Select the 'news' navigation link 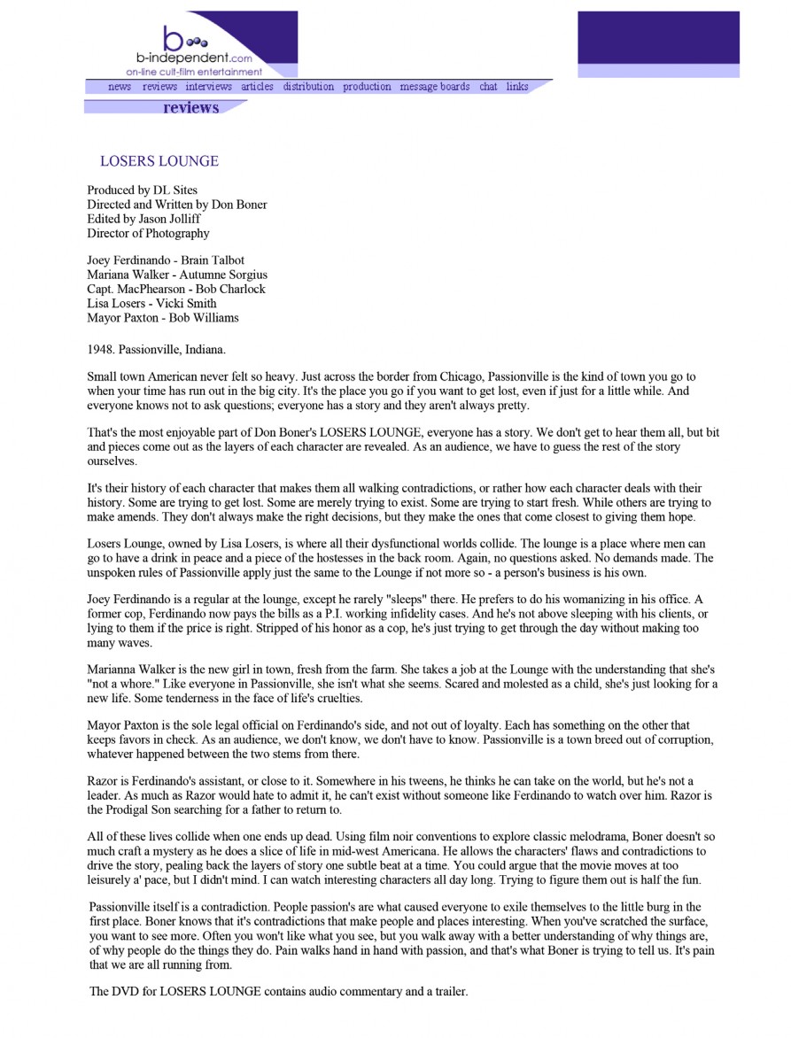point(120,87)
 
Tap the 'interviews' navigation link point(208,87)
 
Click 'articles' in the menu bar point(257,87)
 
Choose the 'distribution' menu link point(308,87)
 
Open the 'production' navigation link point(367,87)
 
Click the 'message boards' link point(435,87)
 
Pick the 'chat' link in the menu point(488,87)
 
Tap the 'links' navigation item point(517,87)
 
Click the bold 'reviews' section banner point(190,107)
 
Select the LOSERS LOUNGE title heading point(159,161)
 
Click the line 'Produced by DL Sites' point(142,190)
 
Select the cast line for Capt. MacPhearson point(175,289)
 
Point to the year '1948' point(102,349)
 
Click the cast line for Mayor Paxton point(162,317)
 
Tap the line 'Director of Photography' point(148,233)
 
